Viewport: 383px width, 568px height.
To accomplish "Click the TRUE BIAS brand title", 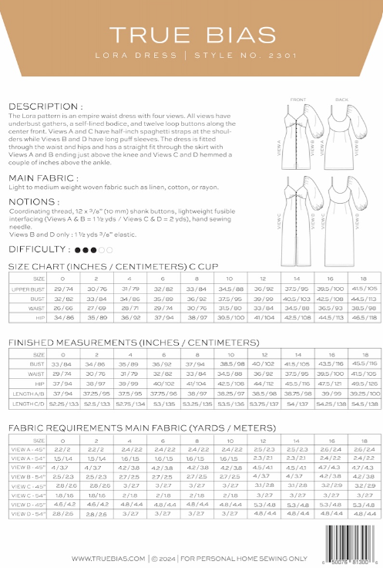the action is [191, 35].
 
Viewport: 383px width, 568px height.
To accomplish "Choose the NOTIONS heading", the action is [34, 201].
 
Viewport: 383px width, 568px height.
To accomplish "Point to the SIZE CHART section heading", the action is [97, 265].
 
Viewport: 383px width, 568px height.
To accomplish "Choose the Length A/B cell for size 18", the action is [355, 393].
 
